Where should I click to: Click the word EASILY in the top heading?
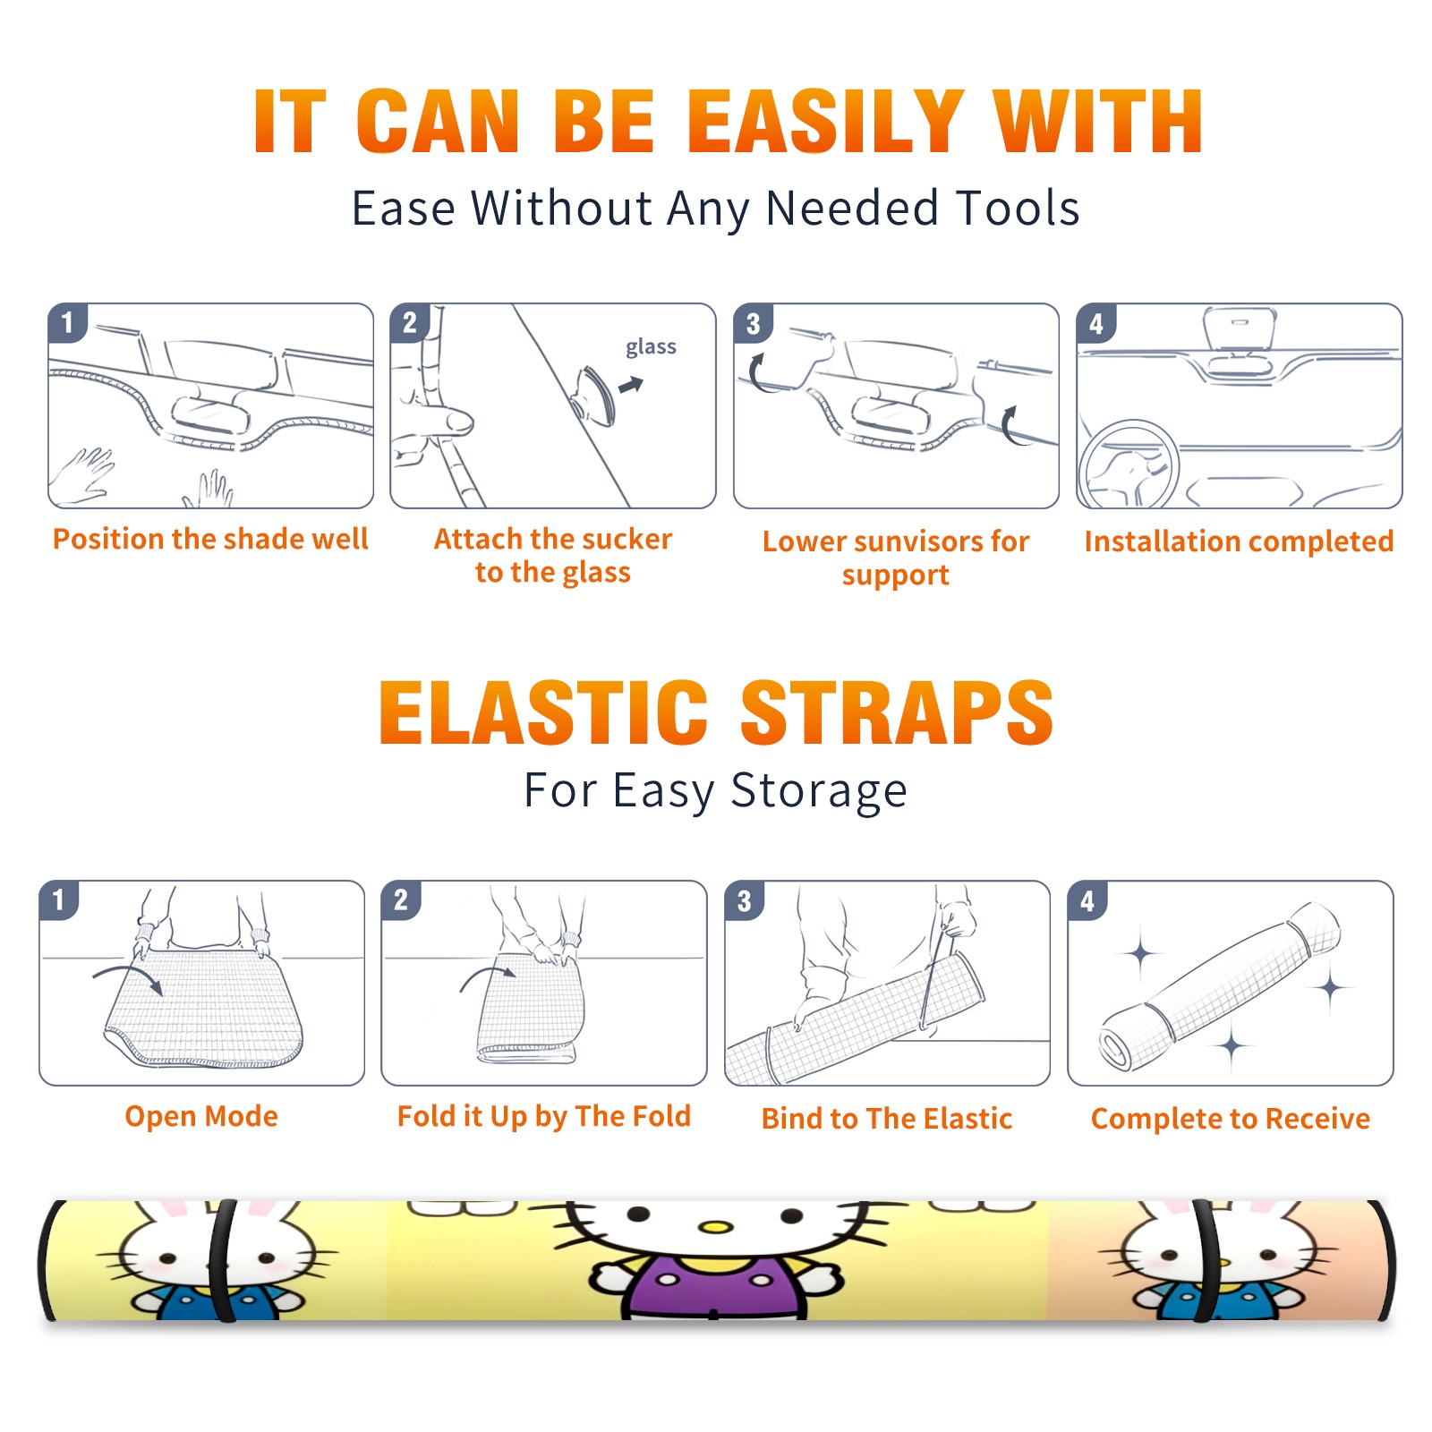[x=826, y=122]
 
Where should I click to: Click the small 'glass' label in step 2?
[x=651, y=347]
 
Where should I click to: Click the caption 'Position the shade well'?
[x=210, y=539]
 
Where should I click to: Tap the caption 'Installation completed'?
[x=1239, y=541]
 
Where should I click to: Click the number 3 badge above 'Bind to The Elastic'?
[x=745, y=900]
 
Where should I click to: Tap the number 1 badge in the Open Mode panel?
[x=59, y=900]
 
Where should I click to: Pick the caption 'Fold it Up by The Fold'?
[x=544, y=1116]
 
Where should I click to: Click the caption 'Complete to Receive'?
[x=1231, y=1119]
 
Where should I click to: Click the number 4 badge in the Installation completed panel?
[x=1096, y=324]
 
